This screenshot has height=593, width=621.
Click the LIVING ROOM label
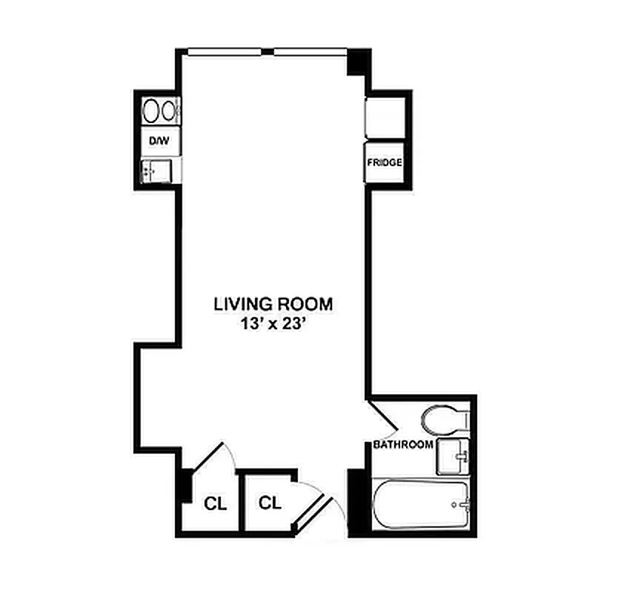[273, 303]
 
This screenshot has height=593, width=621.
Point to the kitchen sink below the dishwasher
[156, 170]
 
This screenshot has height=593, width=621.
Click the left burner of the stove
[150, 112]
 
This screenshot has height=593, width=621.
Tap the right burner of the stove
[170, 112]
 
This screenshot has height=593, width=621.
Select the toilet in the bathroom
[443, 419]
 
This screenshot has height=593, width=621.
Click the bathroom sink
[452, 455]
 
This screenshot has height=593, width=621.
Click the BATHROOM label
[402, 445]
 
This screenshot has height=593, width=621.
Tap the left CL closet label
[215, 503]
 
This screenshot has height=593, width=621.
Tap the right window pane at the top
[308, 52]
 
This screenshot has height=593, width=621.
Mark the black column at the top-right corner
[358, 62]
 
